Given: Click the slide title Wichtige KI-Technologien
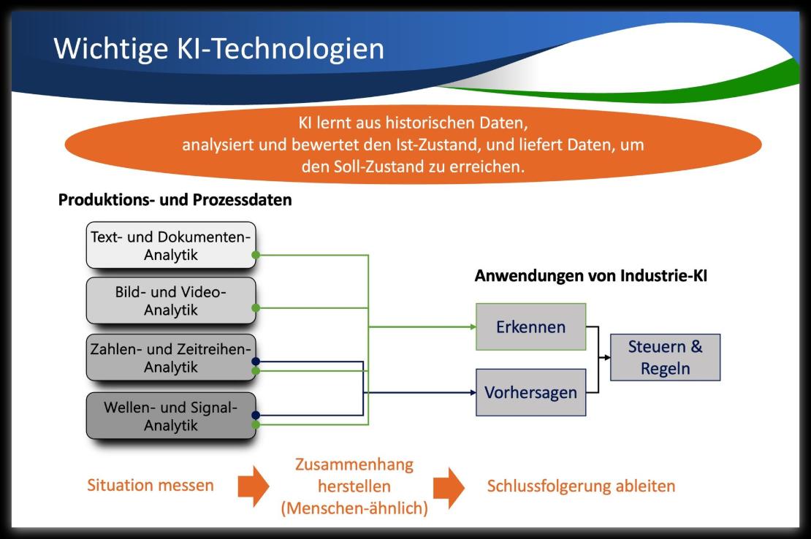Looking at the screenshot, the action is pyautogui.click(x=218, y=50).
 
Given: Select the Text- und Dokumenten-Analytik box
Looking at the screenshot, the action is pyautogui.click(x=171, y=245).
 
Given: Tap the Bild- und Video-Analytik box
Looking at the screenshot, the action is pyautogui.click(x=171, y=301).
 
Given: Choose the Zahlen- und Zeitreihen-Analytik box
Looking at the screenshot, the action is pyautogui.click(x=171, y=358).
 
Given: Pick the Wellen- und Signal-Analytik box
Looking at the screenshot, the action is pyautogui.click(x=171, y=416).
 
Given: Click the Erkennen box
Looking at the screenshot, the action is pyautogui.click(x=530, y=326).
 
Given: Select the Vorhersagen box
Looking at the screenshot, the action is pyautogui.click(x=530, y=392).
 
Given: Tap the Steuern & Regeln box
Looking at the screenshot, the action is pyautogui.click(x=665, y=357).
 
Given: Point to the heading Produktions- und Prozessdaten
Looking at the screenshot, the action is pyautogui.click(x=175, y=200).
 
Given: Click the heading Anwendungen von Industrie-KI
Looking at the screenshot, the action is pyautogui.click(x=590, y=275).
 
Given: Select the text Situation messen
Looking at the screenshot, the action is pyautogui.click(x=150, y=485).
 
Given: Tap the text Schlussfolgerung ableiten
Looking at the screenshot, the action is pyautogui.click(x=581, y=486).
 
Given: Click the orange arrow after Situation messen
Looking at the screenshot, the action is pyautogui.click(x=254, y=486).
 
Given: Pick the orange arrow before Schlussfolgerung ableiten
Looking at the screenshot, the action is pyautogui.click(x=449, y=488).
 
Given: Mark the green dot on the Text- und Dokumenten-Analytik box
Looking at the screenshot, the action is pyautogui.click(x=256, y=255).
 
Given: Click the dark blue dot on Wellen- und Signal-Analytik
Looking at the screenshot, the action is pyautogui.click(x=256, y=415).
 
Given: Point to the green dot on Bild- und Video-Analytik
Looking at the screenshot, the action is pyautogui.click(x=256, y=308).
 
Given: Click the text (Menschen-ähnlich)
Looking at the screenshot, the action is pyautogui.click(x=354, y=508).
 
